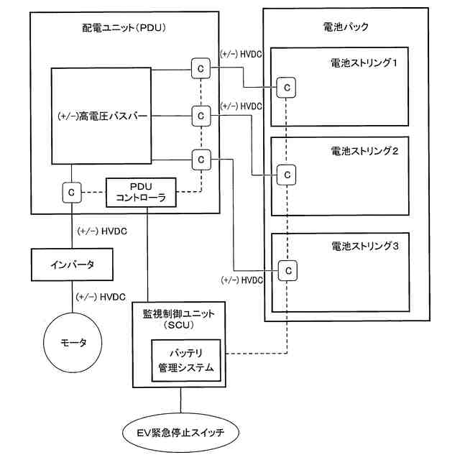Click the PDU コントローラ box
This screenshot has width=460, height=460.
coord(141,193)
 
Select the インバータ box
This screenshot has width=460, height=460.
coord(72,264)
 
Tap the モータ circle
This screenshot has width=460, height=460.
coord(73,342)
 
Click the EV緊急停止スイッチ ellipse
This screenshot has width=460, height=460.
coord(180,433)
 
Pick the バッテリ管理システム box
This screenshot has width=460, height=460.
coord(186,361)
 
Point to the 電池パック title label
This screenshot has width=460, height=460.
coord(346,27)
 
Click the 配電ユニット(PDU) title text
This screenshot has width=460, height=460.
coord(124,28)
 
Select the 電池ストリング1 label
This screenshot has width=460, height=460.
coord(364,63)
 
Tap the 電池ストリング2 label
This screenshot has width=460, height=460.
coord(364,151)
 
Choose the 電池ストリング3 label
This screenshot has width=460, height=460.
coord(365,246)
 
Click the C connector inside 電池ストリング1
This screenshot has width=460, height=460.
coord(286,88)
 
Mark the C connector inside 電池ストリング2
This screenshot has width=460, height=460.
coord(286,175)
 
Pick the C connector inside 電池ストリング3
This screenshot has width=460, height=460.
coord(287,270)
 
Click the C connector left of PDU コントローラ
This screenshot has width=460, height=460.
coord(72,193)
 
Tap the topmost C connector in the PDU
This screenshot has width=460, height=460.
coord(201,68)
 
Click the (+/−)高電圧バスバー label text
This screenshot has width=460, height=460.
coord(102,116)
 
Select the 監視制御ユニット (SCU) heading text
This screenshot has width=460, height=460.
coord(179,319)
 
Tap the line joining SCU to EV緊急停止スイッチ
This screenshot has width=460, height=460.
coord(180,400)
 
